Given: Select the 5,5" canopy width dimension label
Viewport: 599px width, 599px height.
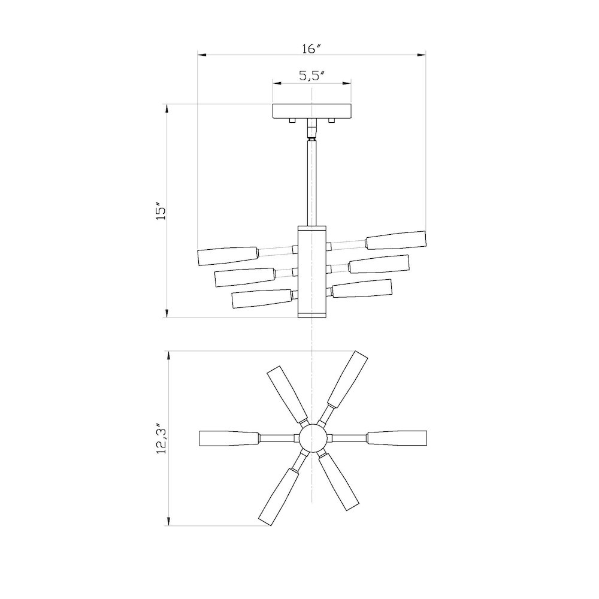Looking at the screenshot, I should pyautogui.click(x=311, y=76).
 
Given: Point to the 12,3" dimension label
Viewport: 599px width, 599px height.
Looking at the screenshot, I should pyautogui.click(x=160, y=438).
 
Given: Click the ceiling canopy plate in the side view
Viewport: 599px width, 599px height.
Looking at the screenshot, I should pyautogui.click(x=311, y=111).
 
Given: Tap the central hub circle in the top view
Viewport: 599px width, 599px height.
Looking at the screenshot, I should pyautogui.click(x=312, y=438).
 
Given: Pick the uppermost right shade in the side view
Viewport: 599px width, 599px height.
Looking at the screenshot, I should pyautogui.click(x=396, y=240).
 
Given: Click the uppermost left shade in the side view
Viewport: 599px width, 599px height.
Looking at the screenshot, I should pyautogui.click(x=228, y=255).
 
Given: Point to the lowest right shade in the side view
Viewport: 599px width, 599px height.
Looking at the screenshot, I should pyautogui.click(x=362, y=288).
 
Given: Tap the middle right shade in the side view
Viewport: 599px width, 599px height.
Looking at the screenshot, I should pyautogui.click(x=379, y=264).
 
